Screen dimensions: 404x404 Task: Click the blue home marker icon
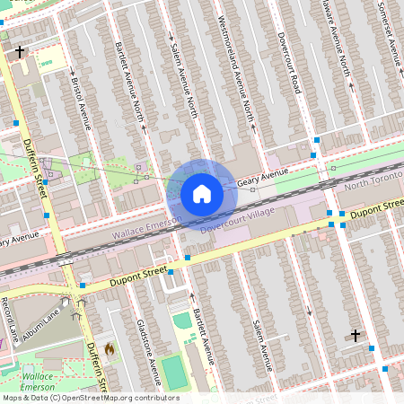point(202,193)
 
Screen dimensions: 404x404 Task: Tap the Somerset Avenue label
point(387,27)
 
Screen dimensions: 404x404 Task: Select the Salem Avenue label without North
point(261,346)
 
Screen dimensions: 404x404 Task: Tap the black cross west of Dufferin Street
point(20,52)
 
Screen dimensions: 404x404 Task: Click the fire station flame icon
point(110,347)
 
